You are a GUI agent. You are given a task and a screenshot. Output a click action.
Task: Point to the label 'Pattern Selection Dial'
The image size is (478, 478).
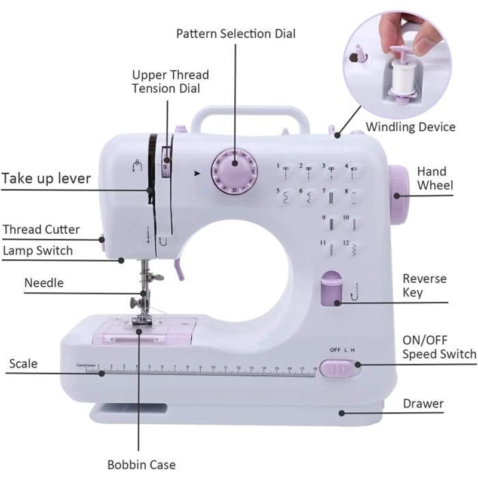click(x=236, y=33)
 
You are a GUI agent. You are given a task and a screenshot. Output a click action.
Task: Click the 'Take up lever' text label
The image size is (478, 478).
click(x=46, y=179)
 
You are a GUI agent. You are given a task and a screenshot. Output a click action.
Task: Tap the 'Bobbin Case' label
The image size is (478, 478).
click(x=142, y=464)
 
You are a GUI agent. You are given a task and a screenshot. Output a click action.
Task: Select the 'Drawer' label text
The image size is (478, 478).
click(x=423, y=404)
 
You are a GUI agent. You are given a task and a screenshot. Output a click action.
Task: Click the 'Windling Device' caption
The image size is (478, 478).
click(x=410, y=127)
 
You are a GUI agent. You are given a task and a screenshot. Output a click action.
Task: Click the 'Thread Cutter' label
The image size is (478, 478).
click(x=41, y=229)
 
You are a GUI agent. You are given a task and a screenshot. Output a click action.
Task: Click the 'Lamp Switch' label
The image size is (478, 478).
click(x=38, y=250)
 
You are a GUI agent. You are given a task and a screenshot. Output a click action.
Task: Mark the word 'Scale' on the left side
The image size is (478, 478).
click(x=23, y=363)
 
